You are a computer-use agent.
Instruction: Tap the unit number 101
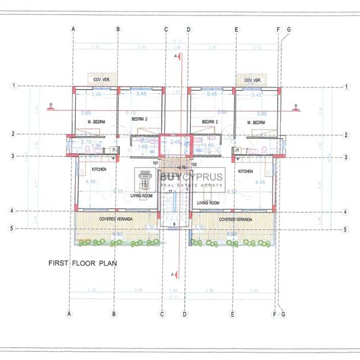coord(155,163)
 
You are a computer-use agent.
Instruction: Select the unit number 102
coord(194,163)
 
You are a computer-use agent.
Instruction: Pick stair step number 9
coord(173,223)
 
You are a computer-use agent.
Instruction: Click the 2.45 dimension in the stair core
coord(174,143)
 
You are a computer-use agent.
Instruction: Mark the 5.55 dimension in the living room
coord(119,192)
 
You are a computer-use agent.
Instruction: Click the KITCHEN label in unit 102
coord(245,172)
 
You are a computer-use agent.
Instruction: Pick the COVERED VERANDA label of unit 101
coord(116,220)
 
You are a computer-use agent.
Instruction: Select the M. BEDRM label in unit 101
coord(93,122)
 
